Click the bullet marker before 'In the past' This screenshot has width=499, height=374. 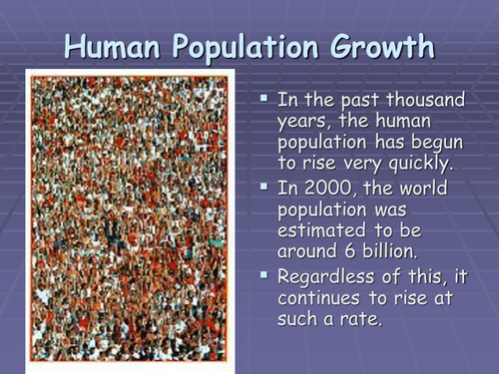[264, 101]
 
